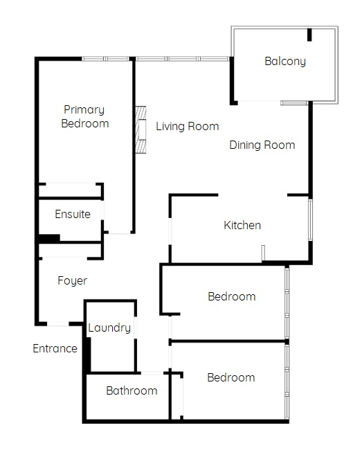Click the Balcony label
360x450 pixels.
[x=285, y=62]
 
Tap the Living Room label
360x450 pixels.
[x=187, y=126]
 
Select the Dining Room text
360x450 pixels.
[x=262, y=145]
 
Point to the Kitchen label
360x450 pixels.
[x=242, y=225]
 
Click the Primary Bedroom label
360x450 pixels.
[x=85, y=116]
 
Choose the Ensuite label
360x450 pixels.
[x=73, y=214]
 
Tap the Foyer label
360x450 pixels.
[x=72, y=280]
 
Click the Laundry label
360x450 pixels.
[x=109, y=327]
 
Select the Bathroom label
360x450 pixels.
[x=132, y=390]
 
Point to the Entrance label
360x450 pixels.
[x=55, y=348]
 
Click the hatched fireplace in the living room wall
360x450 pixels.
[x=141, y=129]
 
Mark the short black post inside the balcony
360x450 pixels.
[x=309, y=35]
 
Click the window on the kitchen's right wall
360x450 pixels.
[x=310, y=219]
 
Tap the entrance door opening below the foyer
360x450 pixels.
[x=58, y=324]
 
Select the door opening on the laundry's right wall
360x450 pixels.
[x=136, y=327]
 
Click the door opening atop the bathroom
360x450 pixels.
[x=152, y=372]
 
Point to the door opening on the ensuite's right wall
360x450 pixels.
[x=102, y=210]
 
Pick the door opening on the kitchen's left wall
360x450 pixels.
[x=170, y=231]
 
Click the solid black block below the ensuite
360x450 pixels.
[x=49, y=238]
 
